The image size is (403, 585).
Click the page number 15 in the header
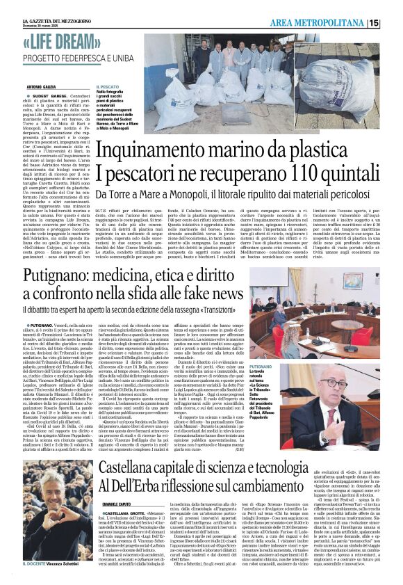(x=394, y=23)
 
